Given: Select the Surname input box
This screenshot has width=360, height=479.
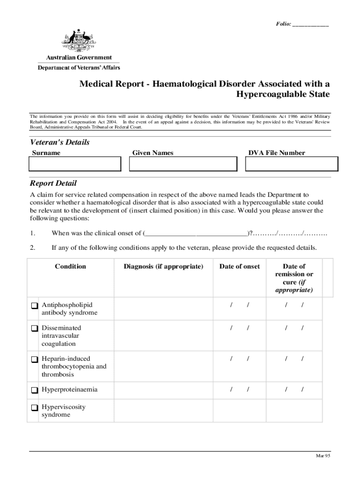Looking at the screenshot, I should click(75, 164).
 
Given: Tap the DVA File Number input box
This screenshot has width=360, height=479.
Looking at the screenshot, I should click(292, 164).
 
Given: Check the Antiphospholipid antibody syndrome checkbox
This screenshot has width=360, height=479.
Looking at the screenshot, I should click(35, 306).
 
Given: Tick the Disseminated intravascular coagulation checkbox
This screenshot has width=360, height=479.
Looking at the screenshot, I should click(35, 328).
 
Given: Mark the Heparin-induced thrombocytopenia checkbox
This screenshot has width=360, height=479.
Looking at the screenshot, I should click(35, 359).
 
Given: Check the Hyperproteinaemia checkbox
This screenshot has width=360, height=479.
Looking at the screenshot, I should click(35, 390).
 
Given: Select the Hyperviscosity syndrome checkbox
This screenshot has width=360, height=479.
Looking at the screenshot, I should click(35, 407).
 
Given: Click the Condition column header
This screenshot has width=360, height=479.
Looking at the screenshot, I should click(71, 267).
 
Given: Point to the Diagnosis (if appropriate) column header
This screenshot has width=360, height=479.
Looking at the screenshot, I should click(163, 267).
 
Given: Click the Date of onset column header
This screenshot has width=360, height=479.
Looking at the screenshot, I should click(239, 267).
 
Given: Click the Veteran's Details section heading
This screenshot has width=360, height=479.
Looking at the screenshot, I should click(59, 142).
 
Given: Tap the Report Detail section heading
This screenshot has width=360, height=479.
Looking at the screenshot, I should click(53, 183).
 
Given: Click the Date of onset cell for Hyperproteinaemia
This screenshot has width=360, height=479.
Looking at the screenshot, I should click(240, 390).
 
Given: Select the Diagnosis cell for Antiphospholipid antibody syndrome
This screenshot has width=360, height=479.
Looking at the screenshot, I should click(163, 309).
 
